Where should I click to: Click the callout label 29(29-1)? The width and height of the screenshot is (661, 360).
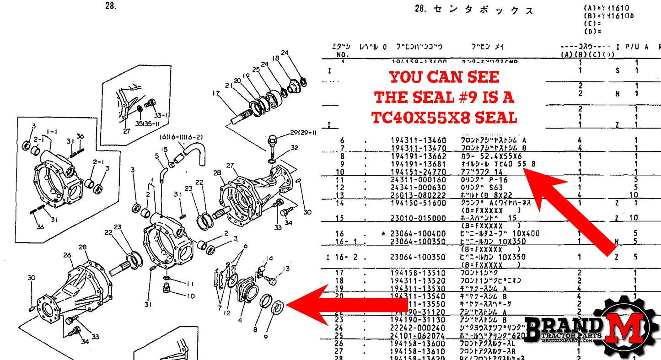[x=303, y=133]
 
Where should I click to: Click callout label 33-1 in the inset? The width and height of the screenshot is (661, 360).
[x=161, y=115]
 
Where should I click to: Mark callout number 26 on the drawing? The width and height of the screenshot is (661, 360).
[x=67, y=255]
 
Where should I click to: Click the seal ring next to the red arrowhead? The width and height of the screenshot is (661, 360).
[x=277, y=306]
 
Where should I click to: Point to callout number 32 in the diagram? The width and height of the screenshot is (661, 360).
[x=294, y=148]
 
